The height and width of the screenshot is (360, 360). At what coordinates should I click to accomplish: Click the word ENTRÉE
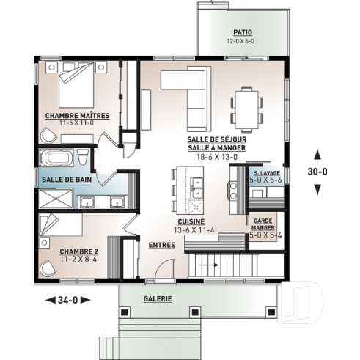click(x=161, y=245)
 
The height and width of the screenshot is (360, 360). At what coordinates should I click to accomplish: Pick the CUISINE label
click(x=191, y=221)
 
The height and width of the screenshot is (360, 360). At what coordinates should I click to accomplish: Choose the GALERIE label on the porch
click(x=158, y=298)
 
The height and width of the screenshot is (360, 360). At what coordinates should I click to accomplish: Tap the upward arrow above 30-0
click(x=317, y=154)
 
